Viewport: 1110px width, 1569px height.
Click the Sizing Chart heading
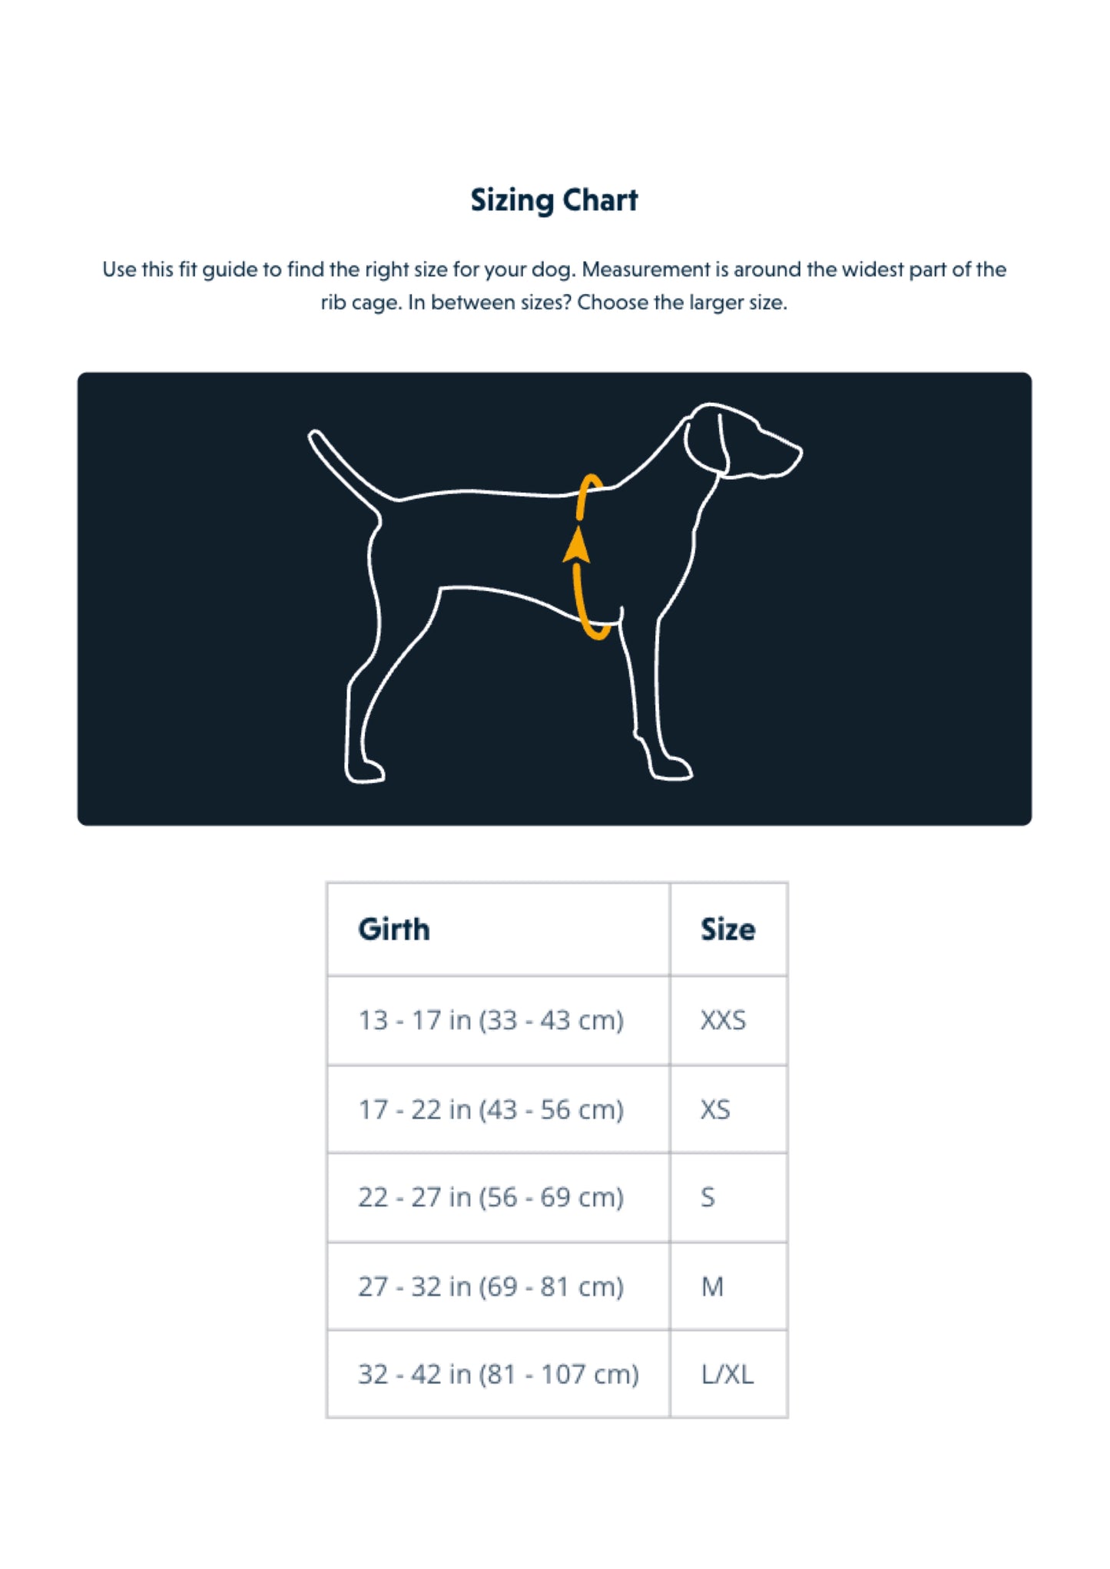point(554,200)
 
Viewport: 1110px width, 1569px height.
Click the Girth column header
point(394,929)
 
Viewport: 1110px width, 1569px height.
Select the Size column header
point(727,929)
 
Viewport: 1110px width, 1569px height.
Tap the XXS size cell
point(723,1020)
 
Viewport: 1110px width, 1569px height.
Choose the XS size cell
point(715,1109)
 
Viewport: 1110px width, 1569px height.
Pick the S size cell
point(707,1197)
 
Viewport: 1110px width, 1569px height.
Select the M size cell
point(712,1287)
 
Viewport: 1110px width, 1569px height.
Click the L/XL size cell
point(727,1374)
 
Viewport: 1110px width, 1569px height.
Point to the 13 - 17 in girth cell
point(491,1020)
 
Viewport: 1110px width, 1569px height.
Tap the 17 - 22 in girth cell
point(491,1109)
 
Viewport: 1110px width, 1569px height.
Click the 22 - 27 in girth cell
point(491,1197)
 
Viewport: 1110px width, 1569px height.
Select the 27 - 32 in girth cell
point(491,1287)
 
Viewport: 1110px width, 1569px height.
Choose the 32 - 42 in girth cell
point(499,1374)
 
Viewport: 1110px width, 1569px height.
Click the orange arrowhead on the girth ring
point(577,546)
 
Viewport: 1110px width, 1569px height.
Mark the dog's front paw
point(672,769)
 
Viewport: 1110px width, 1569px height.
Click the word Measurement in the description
point(646,269)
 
